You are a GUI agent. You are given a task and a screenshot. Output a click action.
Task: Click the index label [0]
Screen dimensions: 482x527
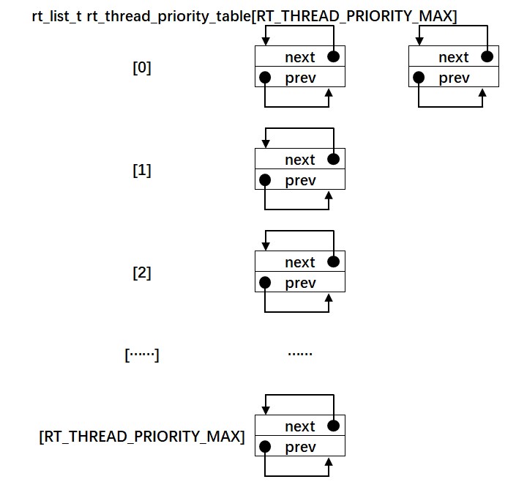pos(142,68)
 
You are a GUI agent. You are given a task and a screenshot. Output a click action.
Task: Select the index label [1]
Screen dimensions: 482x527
pos(142,171)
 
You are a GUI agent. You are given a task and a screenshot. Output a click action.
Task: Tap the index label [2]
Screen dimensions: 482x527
pos(142,273)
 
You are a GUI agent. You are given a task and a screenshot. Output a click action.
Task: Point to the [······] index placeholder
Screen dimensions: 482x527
pos(142,355)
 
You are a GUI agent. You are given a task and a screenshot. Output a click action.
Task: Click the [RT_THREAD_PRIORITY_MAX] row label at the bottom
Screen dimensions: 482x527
pos(141,437)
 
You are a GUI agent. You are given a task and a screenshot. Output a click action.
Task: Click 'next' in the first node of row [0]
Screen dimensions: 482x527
pos(299,57)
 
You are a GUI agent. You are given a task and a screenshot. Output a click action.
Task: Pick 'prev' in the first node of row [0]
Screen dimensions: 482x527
pos(300,78)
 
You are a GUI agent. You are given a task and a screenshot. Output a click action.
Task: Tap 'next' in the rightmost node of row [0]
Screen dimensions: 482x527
pos(453,57)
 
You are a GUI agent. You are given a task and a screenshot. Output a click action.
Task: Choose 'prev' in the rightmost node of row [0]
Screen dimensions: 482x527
pos(454,78)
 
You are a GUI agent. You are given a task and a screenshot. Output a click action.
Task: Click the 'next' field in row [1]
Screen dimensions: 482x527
pos(299,160)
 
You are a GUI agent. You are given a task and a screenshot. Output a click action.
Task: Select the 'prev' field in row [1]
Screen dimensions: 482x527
pos(300,180)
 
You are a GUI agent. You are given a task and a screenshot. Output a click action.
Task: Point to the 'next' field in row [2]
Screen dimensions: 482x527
pos(299,262)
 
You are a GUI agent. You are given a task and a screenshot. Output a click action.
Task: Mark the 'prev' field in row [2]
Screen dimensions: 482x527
pos(300,283)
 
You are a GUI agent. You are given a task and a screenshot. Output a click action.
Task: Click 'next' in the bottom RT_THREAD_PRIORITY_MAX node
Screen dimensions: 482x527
pos(299,426)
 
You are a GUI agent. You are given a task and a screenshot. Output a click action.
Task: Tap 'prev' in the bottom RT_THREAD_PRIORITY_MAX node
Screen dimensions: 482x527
pos(300,447)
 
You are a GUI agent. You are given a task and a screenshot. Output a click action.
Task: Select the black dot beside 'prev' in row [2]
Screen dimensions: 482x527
pos(265,283)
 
